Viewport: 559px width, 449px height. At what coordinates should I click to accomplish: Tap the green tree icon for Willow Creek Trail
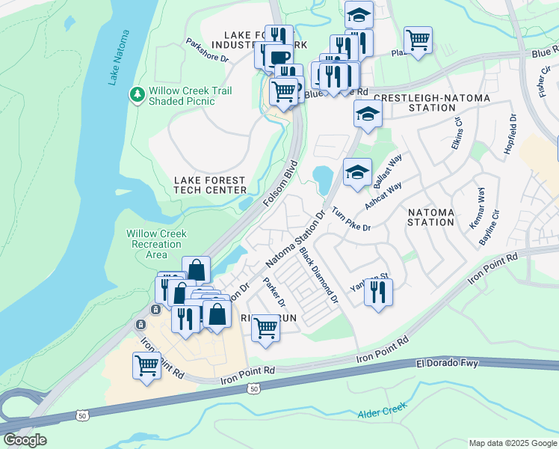click(137, 95)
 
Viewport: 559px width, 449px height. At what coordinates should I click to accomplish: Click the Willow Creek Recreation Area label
click(156, 244)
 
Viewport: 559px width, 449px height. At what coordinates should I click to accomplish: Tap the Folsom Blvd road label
click(280, 184)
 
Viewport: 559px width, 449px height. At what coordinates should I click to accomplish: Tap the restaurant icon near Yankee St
click(378, 293)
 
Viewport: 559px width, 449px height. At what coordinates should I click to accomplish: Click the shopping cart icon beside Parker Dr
click(265, 328)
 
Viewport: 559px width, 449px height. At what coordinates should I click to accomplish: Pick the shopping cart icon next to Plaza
click(418, 40)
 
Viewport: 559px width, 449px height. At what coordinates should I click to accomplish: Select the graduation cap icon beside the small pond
click(357, 171)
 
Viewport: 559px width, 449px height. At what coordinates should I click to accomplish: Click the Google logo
click(25, 440)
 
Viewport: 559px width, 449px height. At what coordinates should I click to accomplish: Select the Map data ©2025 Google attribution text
click(512, 443)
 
